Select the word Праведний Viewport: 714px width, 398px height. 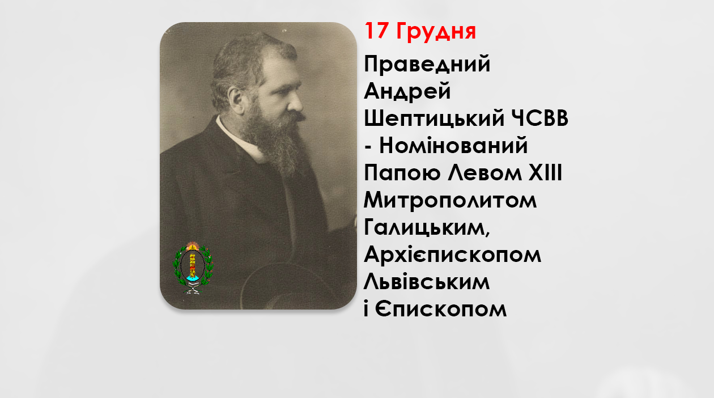(427, 65)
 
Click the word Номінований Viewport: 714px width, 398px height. (453, 146)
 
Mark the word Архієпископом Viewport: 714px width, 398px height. (452, 255)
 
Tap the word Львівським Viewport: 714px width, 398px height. (426, 282)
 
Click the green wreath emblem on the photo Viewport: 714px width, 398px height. (193, 269)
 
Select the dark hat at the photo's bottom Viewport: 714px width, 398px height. (283, 286)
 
